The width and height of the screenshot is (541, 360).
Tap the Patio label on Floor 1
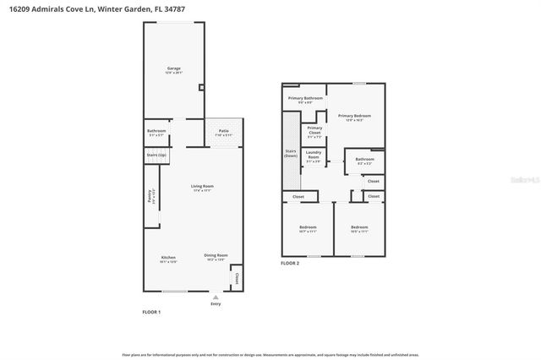pyautogui.click(x=224, y=131)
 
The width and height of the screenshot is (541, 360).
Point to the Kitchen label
pyautogui.click(x=169, y=257)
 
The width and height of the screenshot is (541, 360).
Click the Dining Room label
pyautogui.click(x=216, y=255)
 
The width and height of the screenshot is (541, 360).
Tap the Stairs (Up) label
pyautogui.click(x=157, y=156)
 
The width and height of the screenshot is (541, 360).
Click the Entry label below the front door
pyautogui.click(x=216, y=304)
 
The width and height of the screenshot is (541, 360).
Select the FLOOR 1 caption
pyautogui.click(x=151, y=313)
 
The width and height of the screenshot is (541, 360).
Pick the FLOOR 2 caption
pyautogui.click(x=290, y=264)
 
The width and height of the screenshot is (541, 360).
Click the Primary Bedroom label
pyautogui.click(x=355, y=116)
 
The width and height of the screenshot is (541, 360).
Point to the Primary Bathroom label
pyautogui.click(x=304, y=99)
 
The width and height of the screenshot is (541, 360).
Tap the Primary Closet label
pyautogui.click(x=314, y=131)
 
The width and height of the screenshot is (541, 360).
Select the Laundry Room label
pyautogui.click(x=314, y=155)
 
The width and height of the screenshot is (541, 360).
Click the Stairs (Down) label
pyautogui.click(x=291, y=154)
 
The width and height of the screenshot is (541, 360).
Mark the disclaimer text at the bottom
pyautogui.click(x=270, y=356)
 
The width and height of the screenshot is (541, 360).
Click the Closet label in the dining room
pyautogui.click(x=237, y=279)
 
